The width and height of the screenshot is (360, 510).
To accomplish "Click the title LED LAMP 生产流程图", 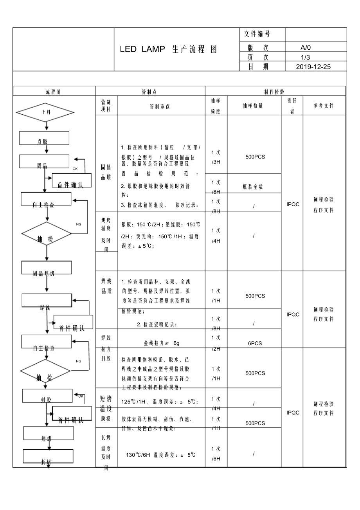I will [168, 50].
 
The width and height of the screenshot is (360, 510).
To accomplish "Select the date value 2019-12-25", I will [313, 67].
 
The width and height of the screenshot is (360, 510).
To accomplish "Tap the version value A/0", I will [305, 48].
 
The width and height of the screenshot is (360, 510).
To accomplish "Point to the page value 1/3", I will [305, 57].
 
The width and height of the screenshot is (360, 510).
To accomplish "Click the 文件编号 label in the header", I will [257, 34].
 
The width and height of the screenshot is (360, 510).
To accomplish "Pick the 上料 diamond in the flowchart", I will [45, 112].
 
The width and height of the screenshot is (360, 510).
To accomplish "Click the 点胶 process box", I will [44, 138].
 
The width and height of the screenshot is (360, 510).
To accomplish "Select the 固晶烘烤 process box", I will [47, 268].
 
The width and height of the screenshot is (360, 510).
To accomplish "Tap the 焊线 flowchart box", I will [47, 301].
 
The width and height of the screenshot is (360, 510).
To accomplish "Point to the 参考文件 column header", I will [324, 106].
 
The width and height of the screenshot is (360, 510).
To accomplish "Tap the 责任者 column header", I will [292, 106].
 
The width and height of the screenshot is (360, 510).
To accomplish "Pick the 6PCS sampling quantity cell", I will [255, 343].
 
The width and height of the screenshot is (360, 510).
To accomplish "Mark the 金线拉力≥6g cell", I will [161, 343].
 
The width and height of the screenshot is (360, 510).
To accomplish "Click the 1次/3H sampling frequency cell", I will [216, 157].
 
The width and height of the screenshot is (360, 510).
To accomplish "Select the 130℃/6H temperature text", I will [160, 455].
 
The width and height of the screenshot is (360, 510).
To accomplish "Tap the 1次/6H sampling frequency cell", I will [216, 454].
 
